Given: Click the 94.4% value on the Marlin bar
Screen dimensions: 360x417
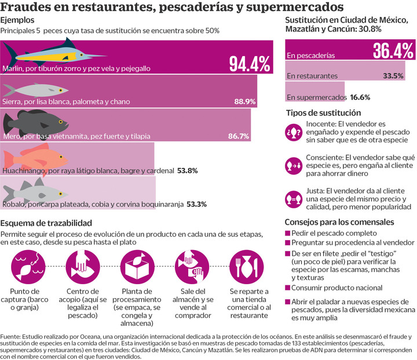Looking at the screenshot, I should click(x=249, y=63).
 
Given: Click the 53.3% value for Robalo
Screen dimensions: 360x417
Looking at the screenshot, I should click(x=196, y=204).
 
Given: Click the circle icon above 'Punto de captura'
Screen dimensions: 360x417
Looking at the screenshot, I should click(x=28, y=265).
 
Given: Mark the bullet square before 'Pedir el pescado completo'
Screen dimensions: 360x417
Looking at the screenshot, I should click(x=288, y=232).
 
